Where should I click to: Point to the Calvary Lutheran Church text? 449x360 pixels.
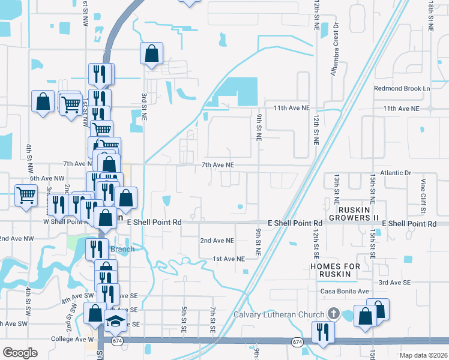pyautogui.click(x=279, y=314)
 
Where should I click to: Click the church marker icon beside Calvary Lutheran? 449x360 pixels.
pyautogui.click(x=333, y=314)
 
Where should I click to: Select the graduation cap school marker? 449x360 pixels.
pyautogui.click(x=116, y=321)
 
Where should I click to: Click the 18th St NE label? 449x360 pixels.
pyautogui.click(x=432, y=16)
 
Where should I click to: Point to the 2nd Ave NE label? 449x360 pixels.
pyautogui.click(x=217, y=241)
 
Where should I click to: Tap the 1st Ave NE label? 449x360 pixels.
pyautogui.click(x=229, y=259)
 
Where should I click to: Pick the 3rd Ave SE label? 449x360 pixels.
pyautogui.click(x=394, y=282)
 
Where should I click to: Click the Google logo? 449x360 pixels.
pyautogui.click(x=20, y=352)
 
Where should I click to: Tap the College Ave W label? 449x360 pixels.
pyautogui.click(x=74, y=339)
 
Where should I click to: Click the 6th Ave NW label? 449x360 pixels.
pyautogui.click(x=47, y=178)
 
